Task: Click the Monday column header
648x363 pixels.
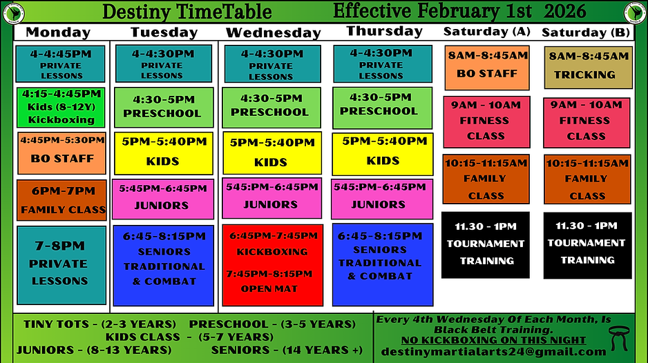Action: pyautogui.click(x=58, y=32)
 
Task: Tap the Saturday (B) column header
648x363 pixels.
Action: pyautogui.click(x=585, y=32)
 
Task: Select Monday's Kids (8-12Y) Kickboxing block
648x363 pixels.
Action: pyautogui.click(x=61, y=106)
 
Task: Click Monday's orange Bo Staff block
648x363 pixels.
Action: pyautogui.click(x=61, y=152)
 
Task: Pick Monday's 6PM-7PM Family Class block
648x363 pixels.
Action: pyautogui.click(x=61, y=200)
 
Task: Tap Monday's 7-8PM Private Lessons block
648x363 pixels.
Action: pyautogui.click(x=61, y=264)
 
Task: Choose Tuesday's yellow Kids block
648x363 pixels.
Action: pyautogui.click(x=164, y=153)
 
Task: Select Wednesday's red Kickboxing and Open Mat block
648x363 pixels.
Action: pyautogui.click(x=273, y=265)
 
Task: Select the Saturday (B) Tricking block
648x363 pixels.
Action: pyautogui.click(x=588, y=67)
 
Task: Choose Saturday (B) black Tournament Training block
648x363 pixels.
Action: pyautogui.click(x=587, y=245)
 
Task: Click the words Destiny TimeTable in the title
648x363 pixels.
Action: pyautogui.click(x=187, y=12)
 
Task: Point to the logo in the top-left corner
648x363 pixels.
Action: pyautogui.click(x=12, y=12)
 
